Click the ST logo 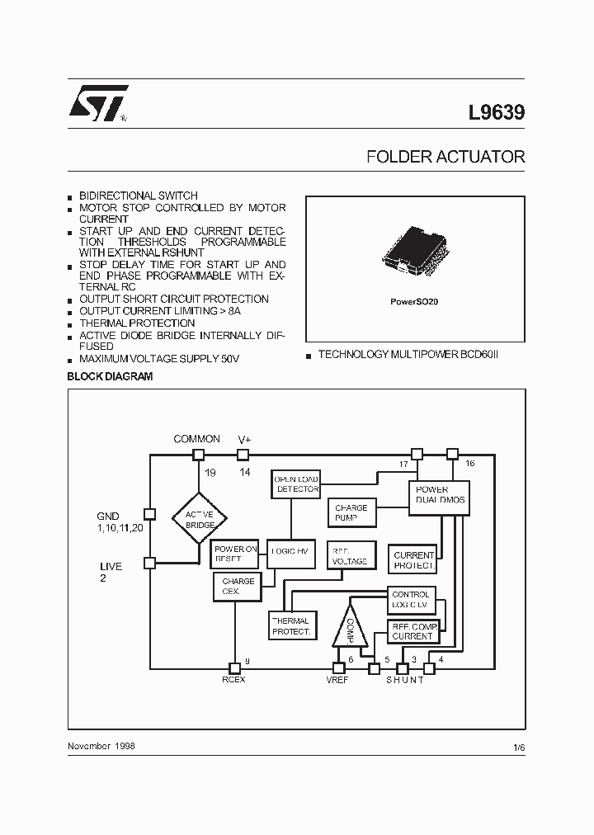[97, 104]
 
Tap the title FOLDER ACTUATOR [445, 157]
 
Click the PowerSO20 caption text [414, 302]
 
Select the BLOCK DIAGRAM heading [110, 376]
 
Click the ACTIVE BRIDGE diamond [200, 518]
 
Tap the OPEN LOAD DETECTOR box [296, 484]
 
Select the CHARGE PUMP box [351, 513]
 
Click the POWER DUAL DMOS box [440, 495]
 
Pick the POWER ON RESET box [236, 554]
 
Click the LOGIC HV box [290, 551]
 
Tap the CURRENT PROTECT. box [413, 560]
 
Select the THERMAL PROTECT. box [290, 626]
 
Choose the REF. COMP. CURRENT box [412, 631]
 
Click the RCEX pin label [233, 679]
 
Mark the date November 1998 [101, 745]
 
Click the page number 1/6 [518, 747]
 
